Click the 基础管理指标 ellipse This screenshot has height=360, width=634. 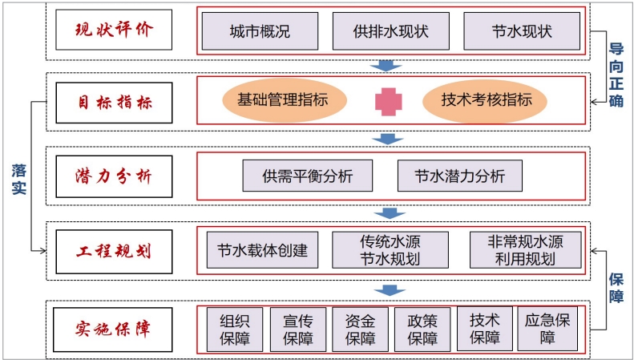click(286, 100)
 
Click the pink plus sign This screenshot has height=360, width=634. click(389, 101)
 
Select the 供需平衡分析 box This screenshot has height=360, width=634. click(308, 176)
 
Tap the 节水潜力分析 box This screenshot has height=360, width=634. click(459, 176)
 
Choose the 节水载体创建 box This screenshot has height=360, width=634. click(262, 249)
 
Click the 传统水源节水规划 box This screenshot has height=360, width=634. click(390, 249)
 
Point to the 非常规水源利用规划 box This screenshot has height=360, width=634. click(525, 249)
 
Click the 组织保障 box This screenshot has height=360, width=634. click(235, 329)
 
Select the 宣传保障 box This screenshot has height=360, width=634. click(298, 329)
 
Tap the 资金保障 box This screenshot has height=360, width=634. click(360, 329)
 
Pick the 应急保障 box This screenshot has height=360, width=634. click(547, 329)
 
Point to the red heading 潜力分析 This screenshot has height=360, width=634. click(114, 176)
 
